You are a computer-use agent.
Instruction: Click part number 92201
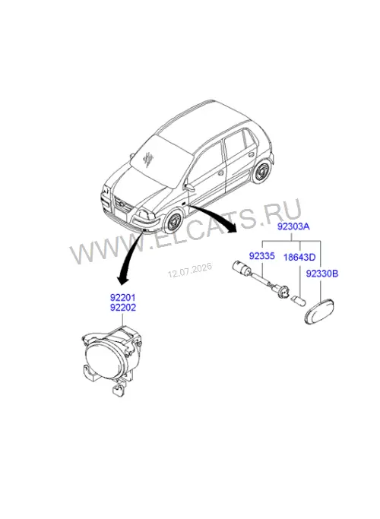click(122, 298)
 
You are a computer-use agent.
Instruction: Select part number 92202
click(122, 308)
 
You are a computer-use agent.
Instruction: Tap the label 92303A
click(293, 226)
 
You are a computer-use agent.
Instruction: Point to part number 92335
click(261, 256)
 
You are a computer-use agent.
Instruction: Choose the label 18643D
click(299, 257)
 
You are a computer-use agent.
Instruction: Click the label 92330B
click(322, 274)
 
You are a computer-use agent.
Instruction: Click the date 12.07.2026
click(190, 271)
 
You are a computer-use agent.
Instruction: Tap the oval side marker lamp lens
click(319, 312)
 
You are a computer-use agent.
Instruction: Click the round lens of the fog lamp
click(103, 360)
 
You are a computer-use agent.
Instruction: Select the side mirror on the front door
click(190, 187)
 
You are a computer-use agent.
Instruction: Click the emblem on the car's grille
click(122, 205)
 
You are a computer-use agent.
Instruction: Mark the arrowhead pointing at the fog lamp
click(123, 280)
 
